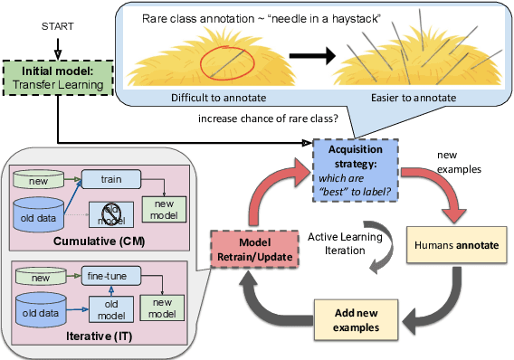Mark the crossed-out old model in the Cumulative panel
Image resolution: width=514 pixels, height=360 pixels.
point(111,215)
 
